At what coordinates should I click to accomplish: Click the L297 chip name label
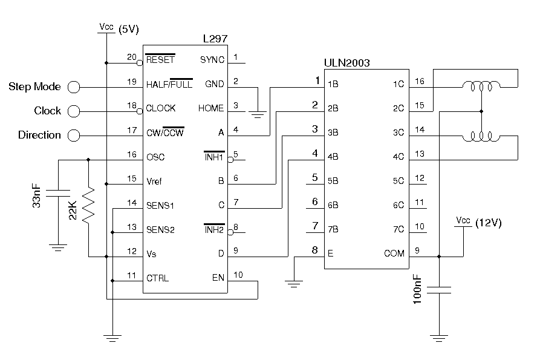pyautogui.click(x=215, y=39)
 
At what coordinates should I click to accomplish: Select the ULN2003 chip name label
pyautogui.click(x=347, y=62)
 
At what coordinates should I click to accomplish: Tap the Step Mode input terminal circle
pyautogui.click(x=74, y=87)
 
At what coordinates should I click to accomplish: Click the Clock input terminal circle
pyautogui.click(x=74, y=111)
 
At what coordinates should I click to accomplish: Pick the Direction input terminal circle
pyautogui.click(x=74, y=135)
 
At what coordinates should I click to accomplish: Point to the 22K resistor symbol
pyautogui.click(x=89, y=206)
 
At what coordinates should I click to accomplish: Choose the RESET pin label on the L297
pyautogui.click(x=160, y=60)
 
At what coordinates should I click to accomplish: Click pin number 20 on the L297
pyautogui.click(x=131, y=57)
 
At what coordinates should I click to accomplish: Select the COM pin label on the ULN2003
pyautogui.click(x=394, y=254)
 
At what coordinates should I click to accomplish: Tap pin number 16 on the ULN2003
pyautogui.click(x=420, y=81)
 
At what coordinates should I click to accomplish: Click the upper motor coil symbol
pyautogui.click(x=481, y=87)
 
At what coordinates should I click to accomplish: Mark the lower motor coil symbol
pyautogui.click(x=481, y=136)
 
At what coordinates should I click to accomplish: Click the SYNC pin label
pyautogui.click(x=212, y=60)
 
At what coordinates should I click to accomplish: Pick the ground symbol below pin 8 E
pyautogui.click(x=294, y=282)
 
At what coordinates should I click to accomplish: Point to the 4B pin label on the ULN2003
pyautogui.click(x=333, y=157)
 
